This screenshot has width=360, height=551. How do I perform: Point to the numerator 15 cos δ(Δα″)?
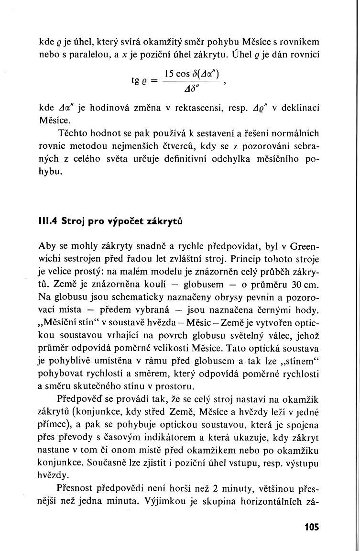[192, 74]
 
